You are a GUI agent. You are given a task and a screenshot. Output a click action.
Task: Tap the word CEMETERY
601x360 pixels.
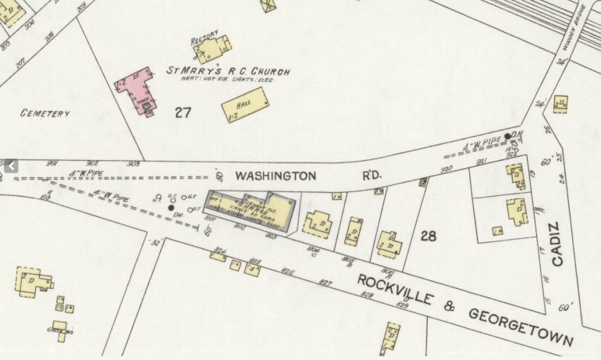point(45,113)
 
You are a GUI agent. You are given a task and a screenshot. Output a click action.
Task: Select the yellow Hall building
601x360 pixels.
point(246,105)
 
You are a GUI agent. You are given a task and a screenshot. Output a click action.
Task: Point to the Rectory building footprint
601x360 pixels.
point(208,51)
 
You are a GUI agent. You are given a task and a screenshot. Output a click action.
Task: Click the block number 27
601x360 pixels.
point(183,112)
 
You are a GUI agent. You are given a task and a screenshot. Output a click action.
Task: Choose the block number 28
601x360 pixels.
point(428,235)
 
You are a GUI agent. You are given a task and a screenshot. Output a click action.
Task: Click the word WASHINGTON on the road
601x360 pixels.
point(276,176)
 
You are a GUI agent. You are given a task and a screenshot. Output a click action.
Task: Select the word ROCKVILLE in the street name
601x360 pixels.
point(393,290)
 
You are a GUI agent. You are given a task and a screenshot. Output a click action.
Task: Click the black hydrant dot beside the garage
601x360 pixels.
point(171,208)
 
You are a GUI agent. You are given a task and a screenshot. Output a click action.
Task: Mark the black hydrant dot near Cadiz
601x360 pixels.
point(508,136)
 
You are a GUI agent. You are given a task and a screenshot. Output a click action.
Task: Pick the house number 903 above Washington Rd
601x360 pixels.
point(133,163)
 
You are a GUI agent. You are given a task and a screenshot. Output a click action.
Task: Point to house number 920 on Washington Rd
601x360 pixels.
point(447,168)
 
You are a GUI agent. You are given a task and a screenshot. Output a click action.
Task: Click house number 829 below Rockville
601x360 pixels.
point(403,303)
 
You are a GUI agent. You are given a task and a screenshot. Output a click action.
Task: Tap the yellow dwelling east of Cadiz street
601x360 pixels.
point(560,104)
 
